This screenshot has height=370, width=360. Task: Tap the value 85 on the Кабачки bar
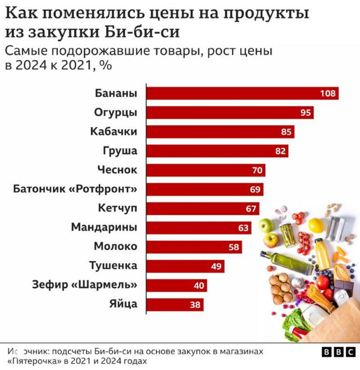coord(287,132)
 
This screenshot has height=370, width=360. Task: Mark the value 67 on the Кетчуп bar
coord(251,209)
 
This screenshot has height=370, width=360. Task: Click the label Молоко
coord(116,247)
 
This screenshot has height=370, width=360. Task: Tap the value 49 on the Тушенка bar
coord(216,266)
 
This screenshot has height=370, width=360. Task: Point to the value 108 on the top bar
coord(328,93)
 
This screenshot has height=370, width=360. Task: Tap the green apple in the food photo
coord(266,225)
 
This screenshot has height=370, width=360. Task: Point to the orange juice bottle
coord(322,253)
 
